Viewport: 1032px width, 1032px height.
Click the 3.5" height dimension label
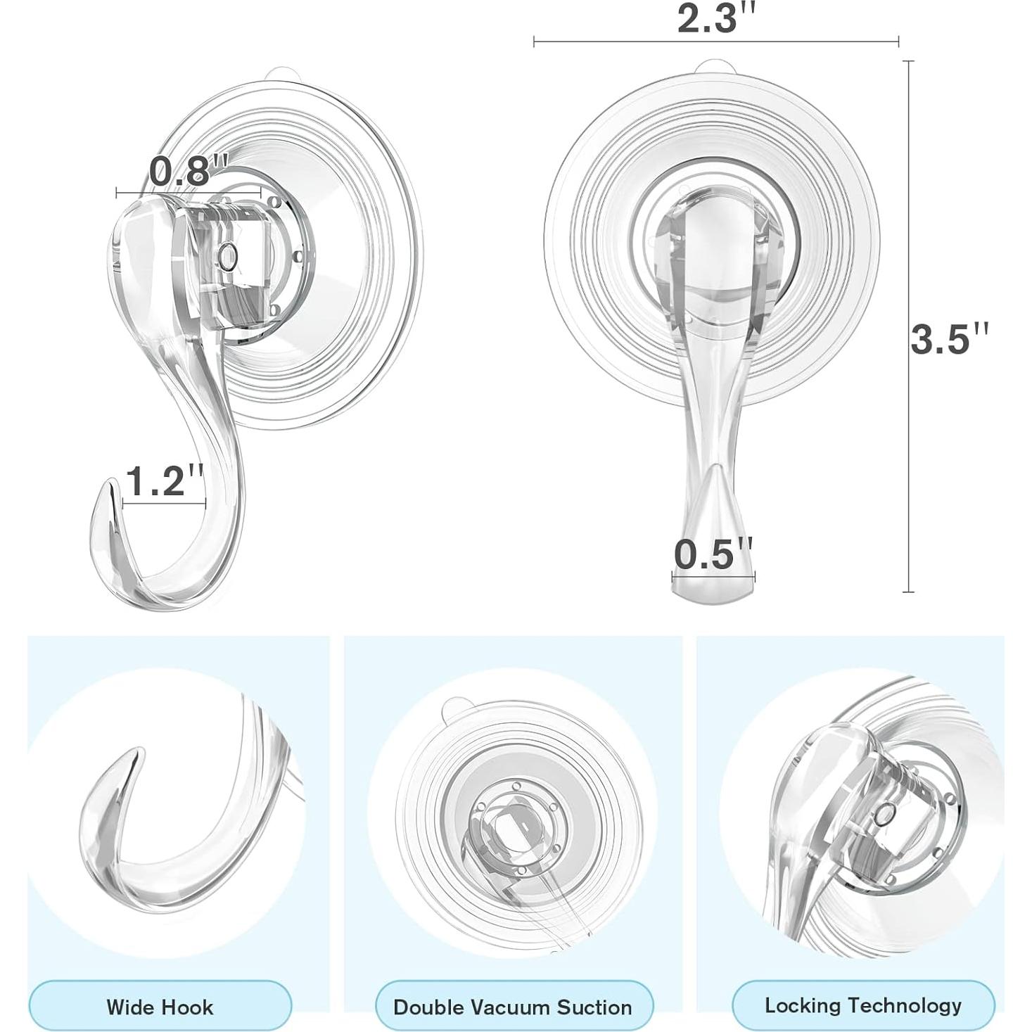[x=949, y=338]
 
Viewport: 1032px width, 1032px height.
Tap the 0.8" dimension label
[x=189, y=170]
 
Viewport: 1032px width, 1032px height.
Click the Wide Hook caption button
[x=160, y=1006]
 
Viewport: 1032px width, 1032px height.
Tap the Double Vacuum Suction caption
[x=513, y=1006]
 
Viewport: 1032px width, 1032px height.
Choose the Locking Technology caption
[x=863, y=1005]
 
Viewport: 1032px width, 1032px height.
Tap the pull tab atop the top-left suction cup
[x=282, y=73]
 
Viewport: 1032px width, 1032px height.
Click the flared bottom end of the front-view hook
[x=712, y=591]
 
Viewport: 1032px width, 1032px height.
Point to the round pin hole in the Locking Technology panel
[x=882, y=815]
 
